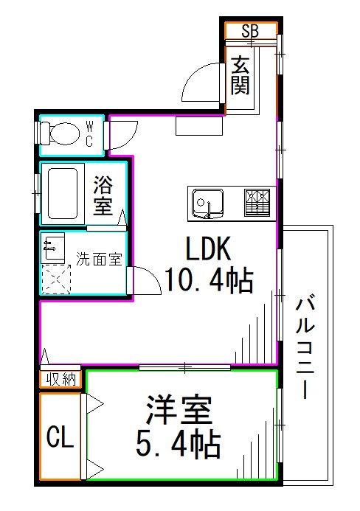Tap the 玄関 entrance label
240,76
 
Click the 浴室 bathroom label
103,195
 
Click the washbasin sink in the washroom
53,246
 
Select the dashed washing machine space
55,279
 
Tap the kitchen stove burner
257,201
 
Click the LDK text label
208,249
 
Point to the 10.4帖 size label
209,280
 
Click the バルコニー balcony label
305,347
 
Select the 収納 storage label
60,379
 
